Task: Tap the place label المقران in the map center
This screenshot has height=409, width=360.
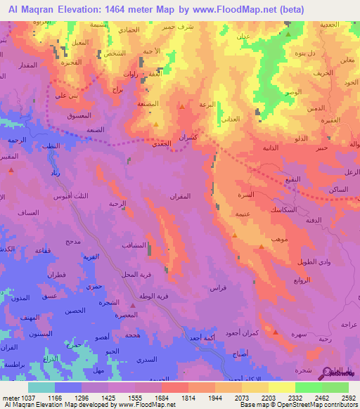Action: tap(180, 197)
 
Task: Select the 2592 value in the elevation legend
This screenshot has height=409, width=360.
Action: tap(349, 398)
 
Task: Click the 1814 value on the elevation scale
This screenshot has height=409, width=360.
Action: tap(188, 398)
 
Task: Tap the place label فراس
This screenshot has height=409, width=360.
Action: tap(219, 287)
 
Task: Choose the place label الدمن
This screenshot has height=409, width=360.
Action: tap(316, 110)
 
